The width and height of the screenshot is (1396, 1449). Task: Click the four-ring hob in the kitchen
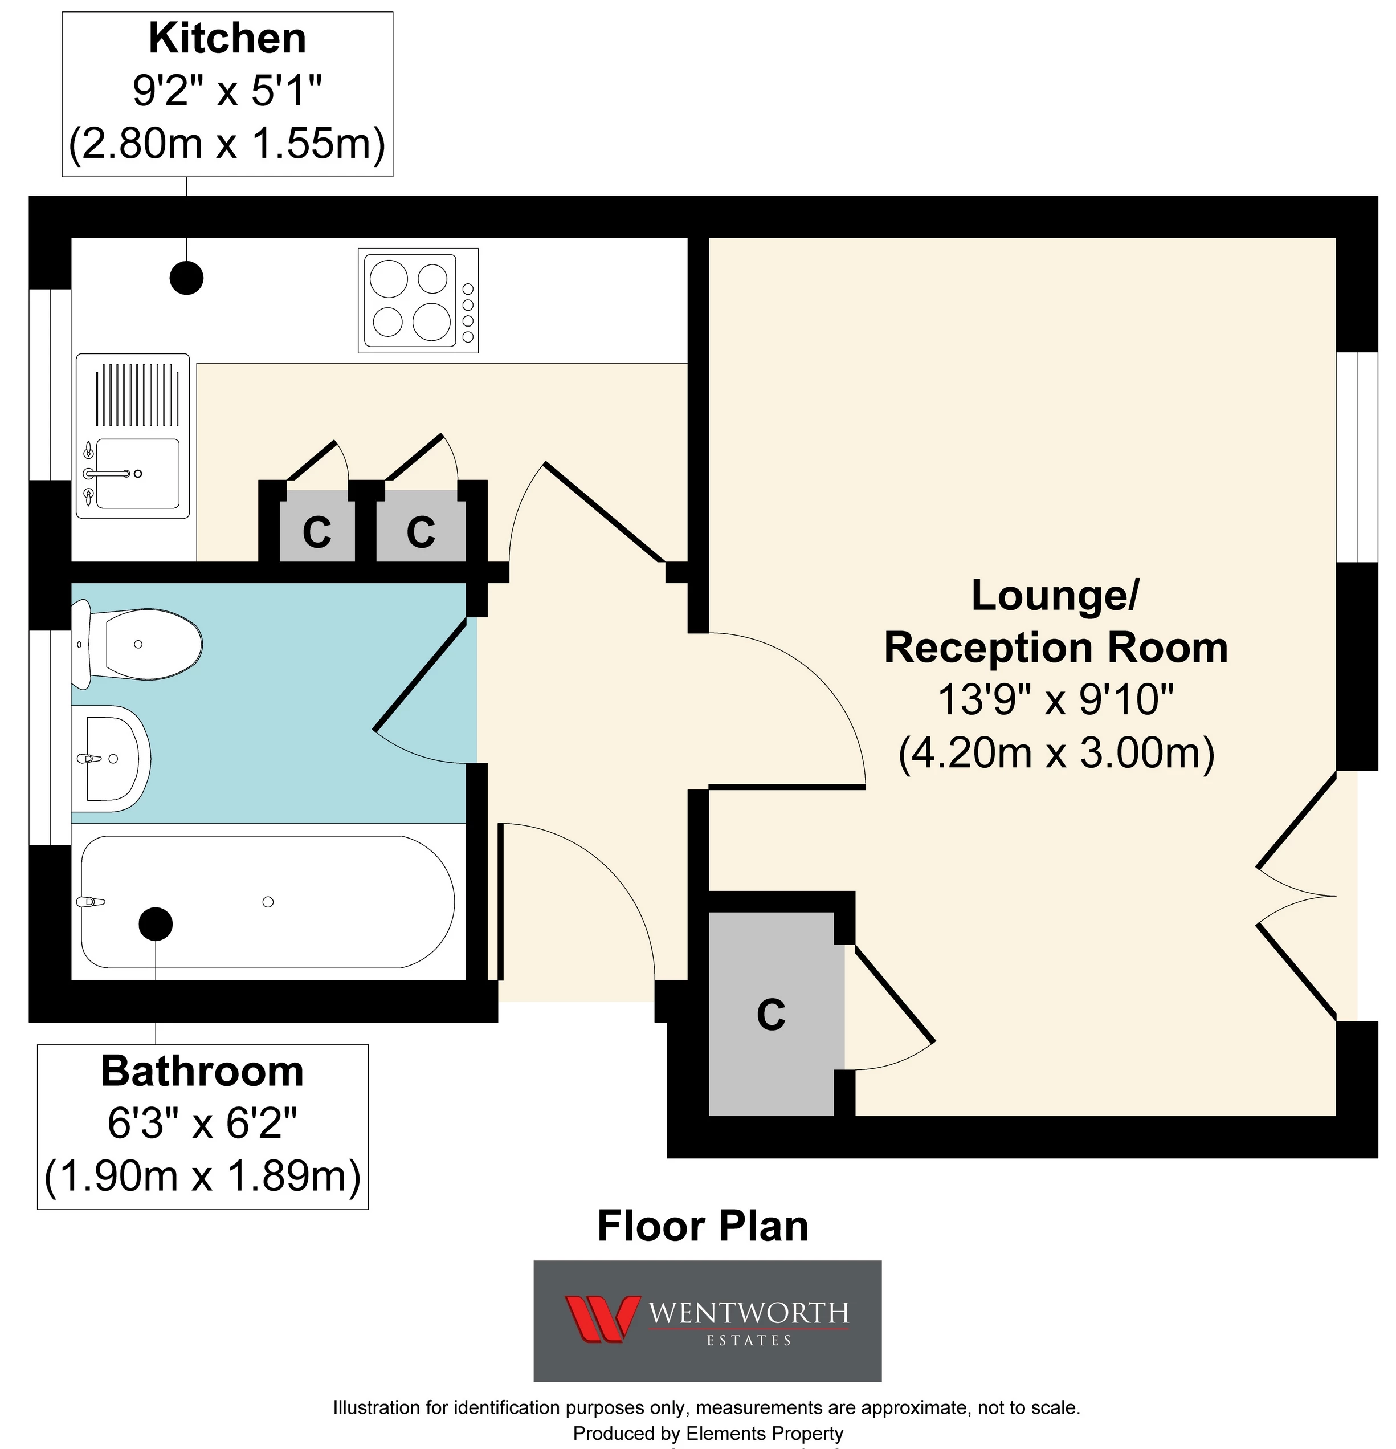[418, 300]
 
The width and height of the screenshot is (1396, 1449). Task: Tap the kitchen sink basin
[137, 474]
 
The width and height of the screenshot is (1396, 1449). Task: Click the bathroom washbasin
[111, 759]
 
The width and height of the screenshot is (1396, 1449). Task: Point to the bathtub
[268, 901]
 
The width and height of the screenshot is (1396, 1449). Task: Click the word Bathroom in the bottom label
[202, 1071]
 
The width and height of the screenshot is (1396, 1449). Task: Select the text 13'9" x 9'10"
[1056, 699]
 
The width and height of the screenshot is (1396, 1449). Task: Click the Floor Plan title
[703, 1226]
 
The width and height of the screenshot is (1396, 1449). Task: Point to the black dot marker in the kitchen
[186, 278]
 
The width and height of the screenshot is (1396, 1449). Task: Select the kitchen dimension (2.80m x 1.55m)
[227, 143]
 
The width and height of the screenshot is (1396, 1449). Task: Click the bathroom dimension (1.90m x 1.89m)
[202, 1175]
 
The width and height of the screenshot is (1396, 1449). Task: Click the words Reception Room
[1056, 648]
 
